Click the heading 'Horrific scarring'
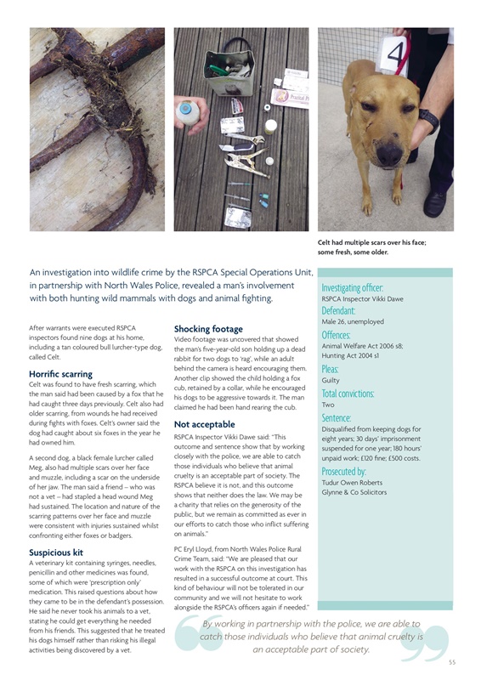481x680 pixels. tap(60, 373)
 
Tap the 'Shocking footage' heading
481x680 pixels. tap(208, 328)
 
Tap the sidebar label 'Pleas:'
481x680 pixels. tap(331, 370)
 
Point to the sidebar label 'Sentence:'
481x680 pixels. tap(337, 418)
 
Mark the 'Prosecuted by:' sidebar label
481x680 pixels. tap(345, 471)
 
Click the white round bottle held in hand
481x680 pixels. tap(184, 110)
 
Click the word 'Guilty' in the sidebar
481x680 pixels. tap(331, 381)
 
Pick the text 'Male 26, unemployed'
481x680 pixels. tap(353, 322)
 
